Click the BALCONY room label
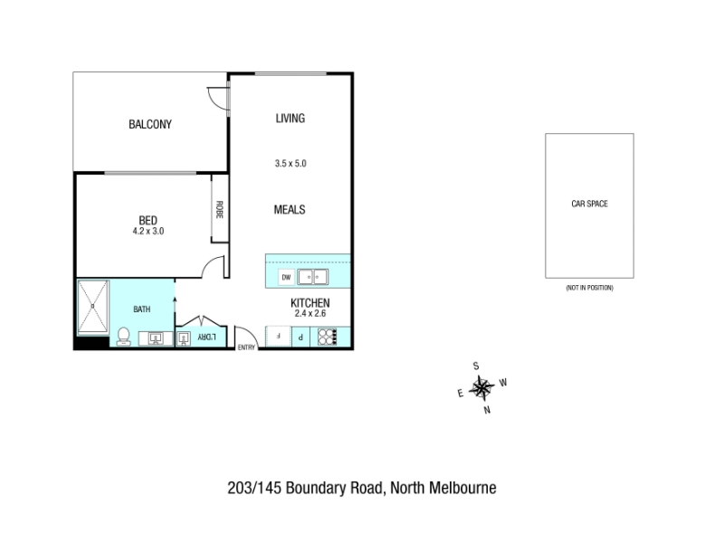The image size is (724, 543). click(150, 124)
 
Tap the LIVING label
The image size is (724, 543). click(291, 119)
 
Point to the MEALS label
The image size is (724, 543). click(290, 210)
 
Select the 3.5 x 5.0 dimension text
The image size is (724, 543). click(291, 164)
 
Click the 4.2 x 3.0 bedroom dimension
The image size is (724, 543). click(148, 231)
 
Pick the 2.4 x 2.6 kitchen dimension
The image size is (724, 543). click(310, 313)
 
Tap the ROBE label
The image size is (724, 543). click(220, 210)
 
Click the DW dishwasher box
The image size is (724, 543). click(286, 277)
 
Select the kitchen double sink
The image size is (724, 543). click(312, 277)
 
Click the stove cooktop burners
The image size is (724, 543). click(328, 336)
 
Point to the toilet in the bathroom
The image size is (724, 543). click(123, 336)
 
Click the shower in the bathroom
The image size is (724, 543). click(93, 307)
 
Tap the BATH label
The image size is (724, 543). click(142, 310)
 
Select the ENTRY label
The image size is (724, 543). click(246, 348)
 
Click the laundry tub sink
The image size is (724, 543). click(184, 338)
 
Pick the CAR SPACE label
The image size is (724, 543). click(590, 204)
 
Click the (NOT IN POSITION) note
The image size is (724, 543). click(590, 288)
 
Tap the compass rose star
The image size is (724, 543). click(481, 388)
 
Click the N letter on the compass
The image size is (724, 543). click(487, 410)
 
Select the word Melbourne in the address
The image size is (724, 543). click(462, 488)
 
